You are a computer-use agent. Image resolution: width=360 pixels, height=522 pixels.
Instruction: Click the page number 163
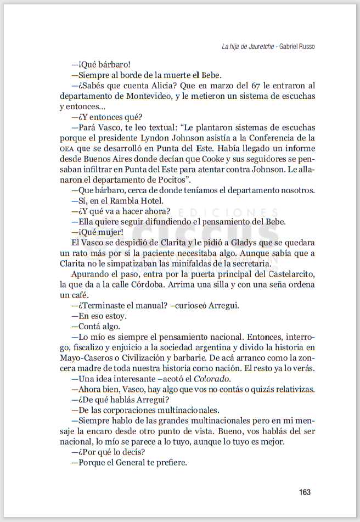pos(305,492)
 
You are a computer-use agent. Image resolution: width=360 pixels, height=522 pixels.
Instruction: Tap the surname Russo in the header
pos(305,47)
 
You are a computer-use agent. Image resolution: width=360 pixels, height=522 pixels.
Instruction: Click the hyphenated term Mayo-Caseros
pos(85,357)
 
